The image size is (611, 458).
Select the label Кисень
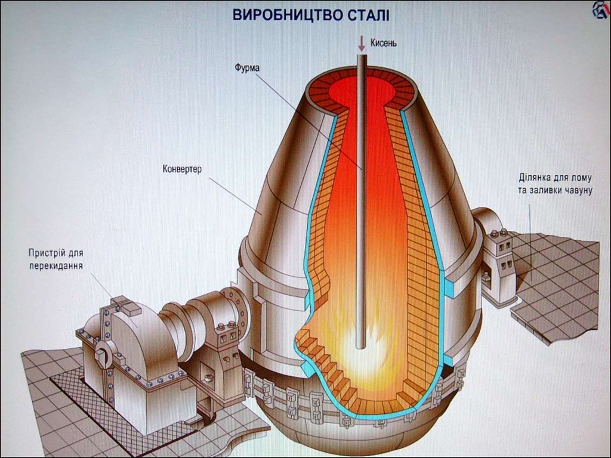pyautogui.click(x=383, y=43)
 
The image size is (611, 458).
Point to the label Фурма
pyautogui.click(x=247, y=67)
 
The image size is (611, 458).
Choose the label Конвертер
pyautogui.click(x=182, y=169)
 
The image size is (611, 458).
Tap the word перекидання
pyautogui.click(x=55, y=265)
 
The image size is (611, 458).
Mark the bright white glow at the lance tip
pyautogui.click(x=360, y=349)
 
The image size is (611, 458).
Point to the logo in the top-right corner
pyautogui.click(x=600, y=10)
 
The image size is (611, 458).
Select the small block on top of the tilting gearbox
pyautogui.click(x=126, y=305)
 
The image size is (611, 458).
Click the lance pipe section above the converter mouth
pyautogui.click(x=360, y=63)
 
